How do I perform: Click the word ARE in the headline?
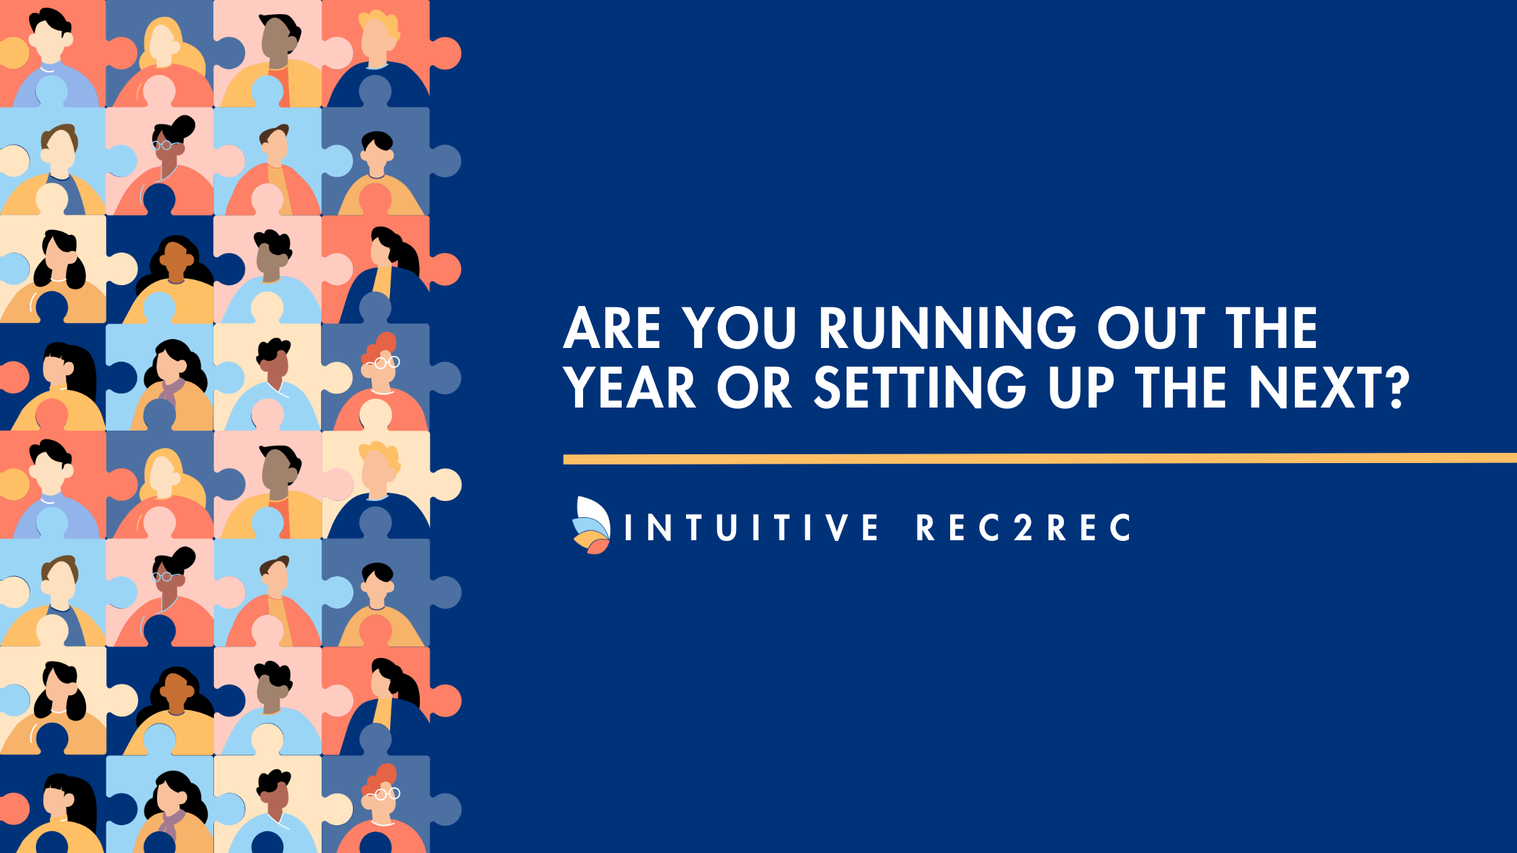[x=612, y=328]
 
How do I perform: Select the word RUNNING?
[x=947, y=328]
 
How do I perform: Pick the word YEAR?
[x=630, y=387]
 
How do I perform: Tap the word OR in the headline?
[x=754, y=387]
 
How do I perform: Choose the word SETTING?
[x=920, y=387]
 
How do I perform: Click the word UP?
[x=1081, y=387]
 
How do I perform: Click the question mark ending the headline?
[x=1396, y=388]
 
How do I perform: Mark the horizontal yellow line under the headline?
[x=1040, y=459]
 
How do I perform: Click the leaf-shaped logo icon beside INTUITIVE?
[x=591, y=525]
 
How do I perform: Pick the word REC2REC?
[x=1023, y=527]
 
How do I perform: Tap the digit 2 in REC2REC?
[x=1023, y=527]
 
